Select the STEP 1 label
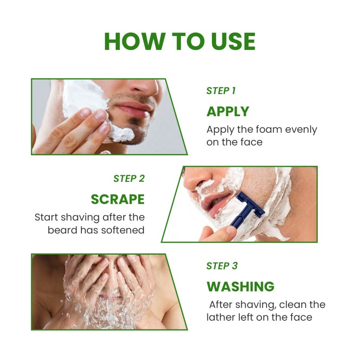point(221,91)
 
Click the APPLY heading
point(228,111)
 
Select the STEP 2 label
point(129,178)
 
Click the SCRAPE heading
point(117,199)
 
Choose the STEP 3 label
point(222,266)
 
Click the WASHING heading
point(240,286)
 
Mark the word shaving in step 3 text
point(253,305)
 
